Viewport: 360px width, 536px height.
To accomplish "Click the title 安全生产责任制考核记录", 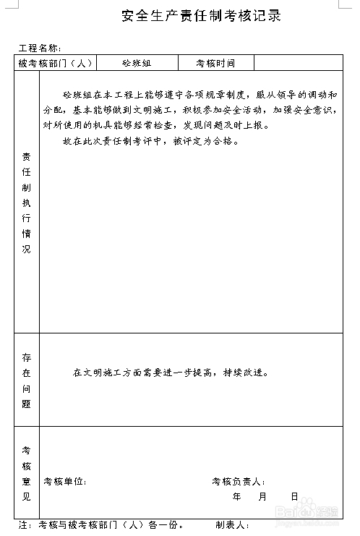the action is tap(202, 15).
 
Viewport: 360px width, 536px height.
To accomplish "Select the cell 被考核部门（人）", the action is tap(56, 64).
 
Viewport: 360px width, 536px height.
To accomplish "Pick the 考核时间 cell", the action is tap(215, 64).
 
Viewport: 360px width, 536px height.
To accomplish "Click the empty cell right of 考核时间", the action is tap(297, 64).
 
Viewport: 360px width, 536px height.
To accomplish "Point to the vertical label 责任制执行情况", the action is tap(27, 203).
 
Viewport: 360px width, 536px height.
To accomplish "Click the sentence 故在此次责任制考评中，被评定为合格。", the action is tap(151, 141).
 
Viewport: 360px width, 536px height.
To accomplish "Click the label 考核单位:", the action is tap(65, 482).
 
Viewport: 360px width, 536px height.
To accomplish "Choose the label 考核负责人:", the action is tap(239, 482).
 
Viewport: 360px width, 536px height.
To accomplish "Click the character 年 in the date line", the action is tap(237, 497).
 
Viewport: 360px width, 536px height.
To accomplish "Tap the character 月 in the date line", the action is tap(262, 497).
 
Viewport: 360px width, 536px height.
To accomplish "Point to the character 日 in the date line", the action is tap(294, 497).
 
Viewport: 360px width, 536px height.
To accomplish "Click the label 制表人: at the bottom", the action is tap(232, 525).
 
